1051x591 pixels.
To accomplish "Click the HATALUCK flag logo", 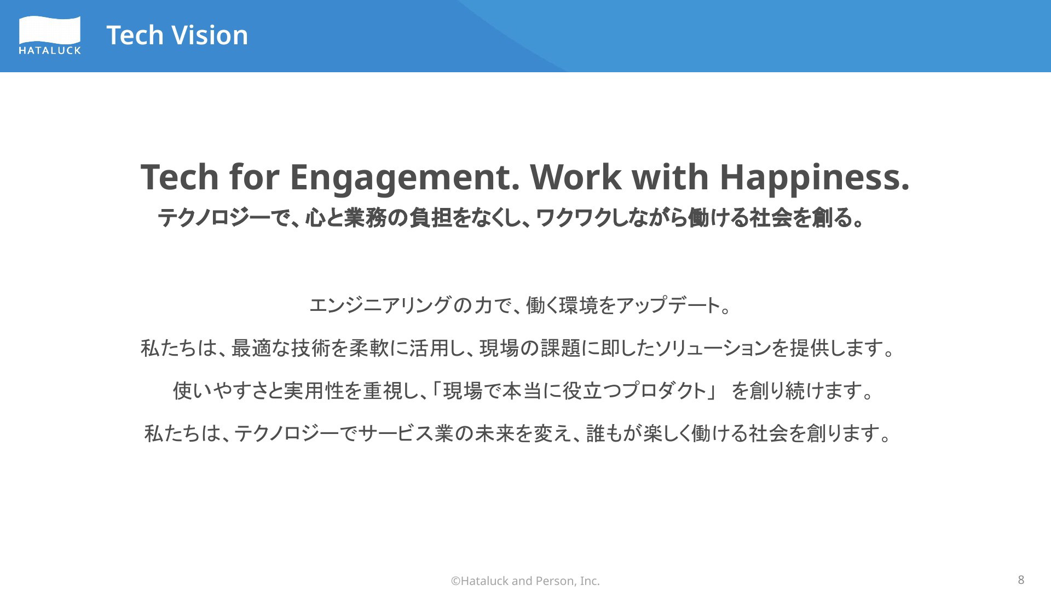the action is (x=50, y=35).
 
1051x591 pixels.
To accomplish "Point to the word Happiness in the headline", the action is (x=815, y=177).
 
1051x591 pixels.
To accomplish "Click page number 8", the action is (x=1021, y=580).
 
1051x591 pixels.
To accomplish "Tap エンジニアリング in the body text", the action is (x=380, y=305).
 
